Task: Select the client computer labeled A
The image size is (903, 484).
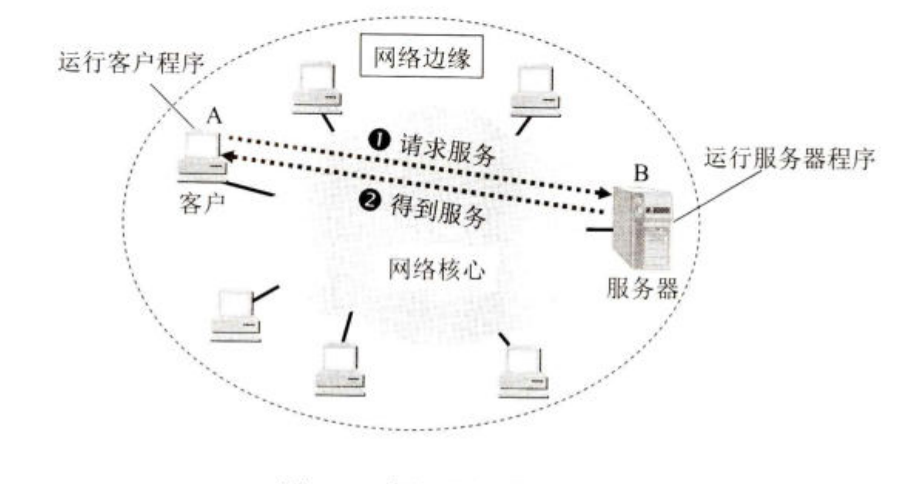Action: point(202,156)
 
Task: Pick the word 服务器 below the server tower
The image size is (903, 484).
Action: point(642,290)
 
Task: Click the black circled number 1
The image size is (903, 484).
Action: point(379,141)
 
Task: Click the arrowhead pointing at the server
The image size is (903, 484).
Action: point(601,192)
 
